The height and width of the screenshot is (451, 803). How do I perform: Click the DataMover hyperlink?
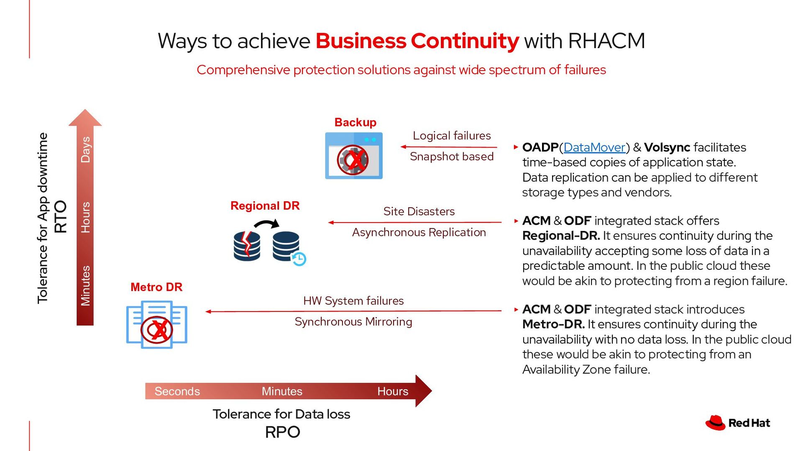[x=594, y=147]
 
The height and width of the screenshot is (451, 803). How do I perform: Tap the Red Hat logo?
[x=738, y=423]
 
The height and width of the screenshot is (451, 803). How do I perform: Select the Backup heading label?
[x=355, y=122]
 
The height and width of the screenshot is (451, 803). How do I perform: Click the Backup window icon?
[x=354, y=156]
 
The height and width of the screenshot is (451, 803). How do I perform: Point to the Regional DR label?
[x=265, y=206]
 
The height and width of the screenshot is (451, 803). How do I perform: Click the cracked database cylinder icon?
[x=247, y=246]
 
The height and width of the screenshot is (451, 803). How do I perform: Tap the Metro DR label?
[x=156, y=287]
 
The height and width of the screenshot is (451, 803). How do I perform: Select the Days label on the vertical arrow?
[x=85, y=149]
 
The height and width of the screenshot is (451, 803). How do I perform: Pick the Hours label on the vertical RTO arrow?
[x=85, y=217]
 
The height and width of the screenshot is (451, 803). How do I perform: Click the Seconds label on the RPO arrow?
[x=177, y=391]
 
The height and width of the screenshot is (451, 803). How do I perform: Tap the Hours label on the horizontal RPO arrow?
[x=392, y=391]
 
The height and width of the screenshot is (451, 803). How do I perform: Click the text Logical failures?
[x=452, y=136]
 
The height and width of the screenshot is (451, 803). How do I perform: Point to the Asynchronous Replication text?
[x=419, y=232]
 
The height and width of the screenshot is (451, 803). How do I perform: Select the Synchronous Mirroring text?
[x=353, y=322]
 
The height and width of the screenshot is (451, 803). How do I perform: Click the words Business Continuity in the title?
[x=417, y=41]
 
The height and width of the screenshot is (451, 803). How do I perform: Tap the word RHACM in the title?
[x=606, y=41]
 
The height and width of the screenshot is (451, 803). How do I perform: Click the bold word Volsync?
[x=667, y=147]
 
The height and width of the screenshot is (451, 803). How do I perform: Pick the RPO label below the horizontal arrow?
[x=282, y=432]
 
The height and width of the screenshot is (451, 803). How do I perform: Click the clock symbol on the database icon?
[x=299, y=259]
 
